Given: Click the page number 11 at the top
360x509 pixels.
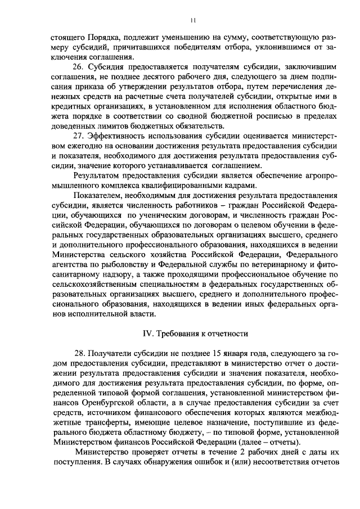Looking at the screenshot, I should pyautogui.click(x=192, y=21).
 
